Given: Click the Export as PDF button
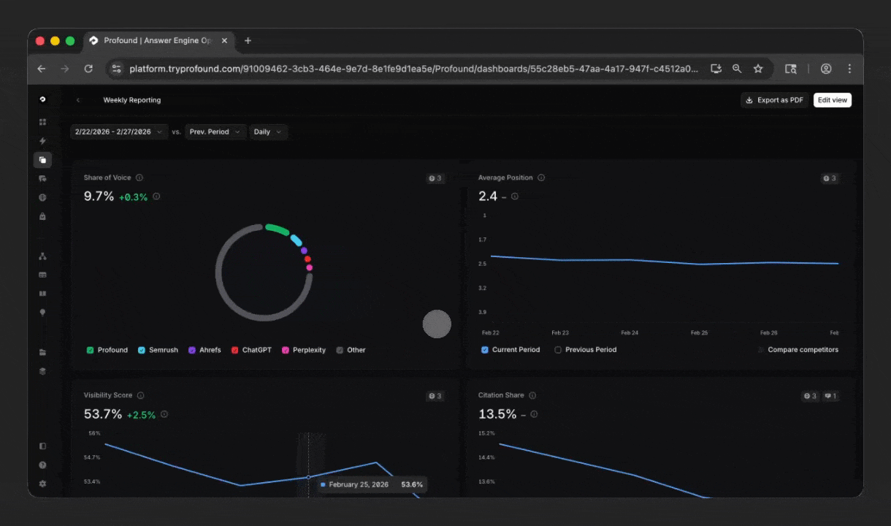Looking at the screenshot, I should (774, 100).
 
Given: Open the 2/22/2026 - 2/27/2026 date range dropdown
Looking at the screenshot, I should (119, 132).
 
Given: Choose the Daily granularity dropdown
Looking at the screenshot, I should (267, 132).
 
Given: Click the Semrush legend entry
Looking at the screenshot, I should (158, 350).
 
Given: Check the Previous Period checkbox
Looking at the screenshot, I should (558, 350).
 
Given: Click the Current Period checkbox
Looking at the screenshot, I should (485, 350).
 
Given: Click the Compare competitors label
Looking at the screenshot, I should (803, 350).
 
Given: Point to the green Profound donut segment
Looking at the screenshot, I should (277, 229).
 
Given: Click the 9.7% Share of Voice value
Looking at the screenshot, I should (99, 196).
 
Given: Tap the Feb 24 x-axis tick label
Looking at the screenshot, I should (630, 332).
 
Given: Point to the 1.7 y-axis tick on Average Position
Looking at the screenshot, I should (483, 240).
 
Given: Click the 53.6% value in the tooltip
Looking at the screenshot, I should (411, 484).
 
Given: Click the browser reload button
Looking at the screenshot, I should (88, 69).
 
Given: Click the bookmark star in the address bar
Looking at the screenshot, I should (758, 69).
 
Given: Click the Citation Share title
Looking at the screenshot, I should (501, 395).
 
